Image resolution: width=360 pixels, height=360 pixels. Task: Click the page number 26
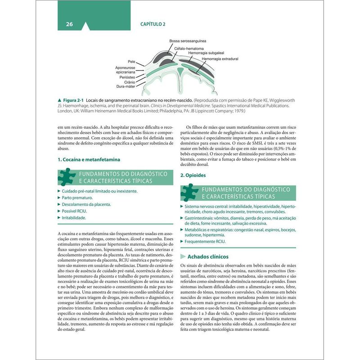click(69, 24)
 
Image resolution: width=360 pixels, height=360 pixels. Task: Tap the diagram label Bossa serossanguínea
click(188, 41)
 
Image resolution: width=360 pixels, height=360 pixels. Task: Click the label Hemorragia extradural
click(220, 59)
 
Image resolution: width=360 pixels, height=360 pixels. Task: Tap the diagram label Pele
click(131, 61)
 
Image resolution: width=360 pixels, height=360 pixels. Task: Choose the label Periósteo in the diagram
click(126, 77)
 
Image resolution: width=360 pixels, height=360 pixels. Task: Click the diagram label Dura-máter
click(126, 86)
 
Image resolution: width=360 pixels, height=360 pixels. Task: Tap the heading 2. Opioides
click(193, 175)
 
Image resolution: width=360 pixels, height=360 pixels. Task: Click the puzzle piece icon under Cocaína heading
click(67, 177)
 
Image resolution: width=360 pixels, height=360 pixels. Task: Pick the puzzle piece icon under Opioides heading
click(189, 193)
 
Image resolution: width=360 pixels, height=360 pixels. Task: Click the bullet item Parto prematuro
click(77, 198)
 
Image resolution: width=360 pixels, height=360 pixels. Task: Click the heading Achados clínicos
click(208, 256)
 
